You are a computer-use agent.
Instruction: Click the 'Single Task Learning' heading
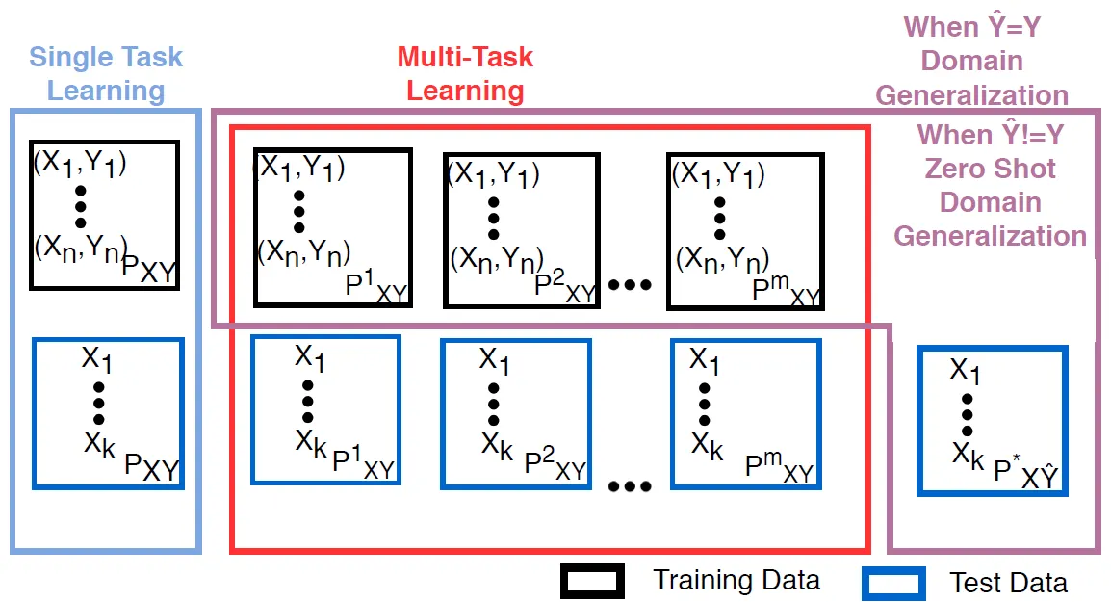(x=106, y=73)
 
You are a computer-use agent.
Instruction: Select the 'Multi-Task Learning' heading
(x=465, y=73)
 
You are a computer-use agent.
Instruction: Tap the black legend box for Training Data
(x=592, y=581)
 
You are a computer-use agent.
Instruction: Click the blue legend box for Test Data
(x=893, y=583)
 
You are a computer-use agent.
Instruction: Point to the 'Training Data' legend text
(x=736, y=580)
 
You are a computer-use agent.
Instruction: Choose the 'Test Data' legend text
(x=1008, y=583)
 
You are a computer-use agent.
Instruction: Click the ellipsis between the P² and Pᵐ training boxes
(x=631, y=284)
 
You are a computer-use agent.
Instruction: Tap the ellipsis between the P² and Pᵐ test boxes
(x=631, y=486)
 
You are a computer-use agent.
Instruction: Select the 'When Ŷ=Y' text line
(x=972, y=26)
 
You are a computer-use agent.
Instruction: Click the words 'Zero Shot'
(x=991, y=169)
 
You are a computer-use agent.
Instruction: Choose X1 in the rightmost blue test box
(x=966, y=370)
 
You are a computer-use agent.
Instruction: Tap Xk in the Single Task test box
(x=100, y=444)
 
